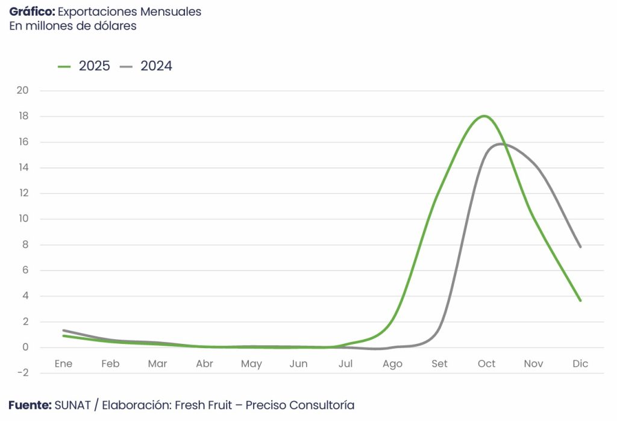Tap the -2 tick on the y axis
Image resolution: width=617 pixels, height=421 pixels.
pyautogui.click(x=23, y=373)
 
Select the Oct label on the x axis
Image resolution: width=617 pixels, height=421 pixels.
pyautogui.click(x=486, y=364)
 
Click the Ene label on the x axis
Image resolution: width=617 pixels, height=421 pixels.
pyautogui.click(x=63, y=364)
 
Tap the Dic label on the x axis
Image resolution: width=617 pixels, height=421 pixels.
pyautogui.click(x=580, y=364)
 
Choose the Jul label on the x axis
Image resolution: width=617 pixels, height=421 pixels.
pyautogui.click(x=345, y=364)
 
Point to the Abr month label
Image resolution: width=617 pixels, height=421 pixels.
pyautogui.click(x=204, y=364)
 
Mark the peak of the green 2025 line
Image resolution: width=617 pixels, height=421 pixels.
pyautogui.click(x=484, y=116)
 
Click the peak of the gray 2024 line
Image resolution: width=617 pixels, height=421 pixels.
pyautogui.click(x=501, y=143)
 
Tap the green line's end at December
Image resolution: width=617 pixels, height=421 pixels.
pyautogui.click(x=580, y=301)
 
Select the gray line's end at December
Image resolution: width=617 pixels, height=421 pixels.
pyautogui.click(x=580, y=246)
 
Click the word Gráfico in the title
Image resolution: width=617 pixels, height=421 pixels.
pyautogui.click(x=31, y=12)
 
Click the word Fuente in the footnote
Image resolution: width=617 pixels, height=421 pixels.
pyautogui.click(x=30, y=405)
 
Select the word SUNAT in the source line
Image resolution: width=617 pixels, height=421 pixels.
pyautogui.click(x=72, y=405)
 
